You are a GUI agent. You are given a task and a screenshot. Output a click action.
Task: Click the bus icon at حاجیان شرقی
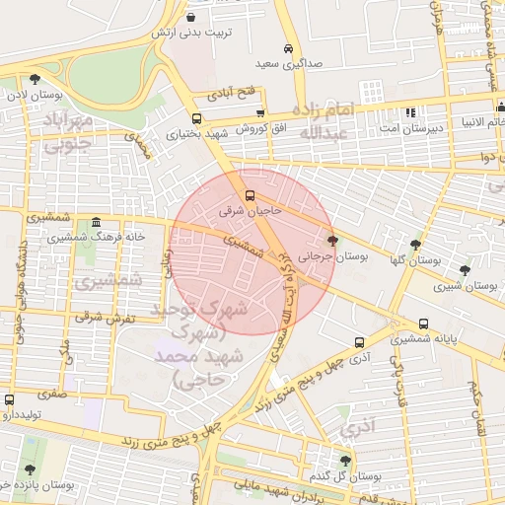250,194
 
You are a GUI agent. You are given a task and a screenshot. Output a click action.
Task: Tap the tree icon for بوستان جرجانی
332,241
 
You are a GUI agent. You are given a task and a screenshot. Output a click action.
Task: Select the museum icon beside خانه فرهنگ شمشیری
95,222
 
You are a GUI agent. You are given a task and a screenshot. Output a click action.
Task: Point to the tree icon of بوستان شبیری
465,269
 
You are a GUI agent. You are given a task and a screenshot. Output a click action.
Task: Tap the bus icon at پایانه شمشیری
423,323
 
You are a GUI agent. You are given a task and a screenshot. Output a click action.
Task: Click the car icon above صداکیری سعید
288,48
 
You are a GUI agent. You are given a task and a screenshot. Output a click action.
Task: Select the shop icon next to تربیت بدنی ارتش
190,17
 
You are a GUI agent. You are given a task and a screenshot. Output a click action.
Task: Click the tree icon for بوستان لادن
36,79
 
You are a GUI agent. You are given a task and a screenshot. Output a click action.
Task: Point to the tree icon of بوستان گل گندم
345,461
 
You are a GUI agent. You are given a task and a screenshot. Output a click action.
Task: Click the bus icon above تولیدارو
10,399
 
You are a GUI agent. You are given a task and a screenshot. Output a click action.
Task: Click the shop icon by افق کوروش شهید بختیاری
196,117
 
